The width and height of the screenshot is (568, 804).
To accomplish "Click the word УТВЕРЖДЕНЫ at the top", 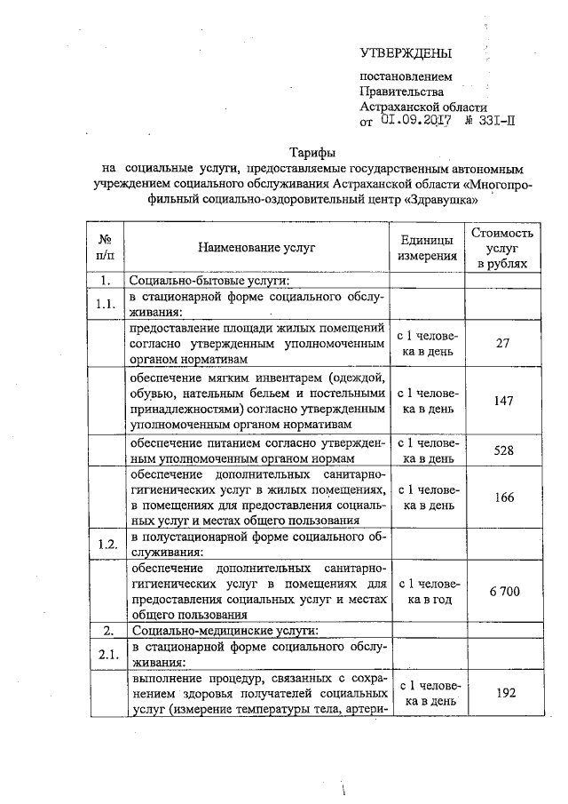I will tap(406, 53).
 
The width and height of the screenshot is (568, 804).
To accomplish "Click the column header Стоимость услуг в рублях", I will tap(504, 248).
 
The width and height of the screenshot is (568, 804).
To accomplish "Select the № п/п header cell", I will tap(105, 248).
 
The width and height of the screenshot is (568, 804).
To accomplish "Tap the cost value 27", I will tap(503, 344).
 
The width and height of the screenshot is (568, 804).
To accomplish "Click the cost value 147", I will tap(503, 401).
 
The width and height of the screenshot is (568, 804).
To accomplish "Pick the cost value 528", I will tap(503, 450).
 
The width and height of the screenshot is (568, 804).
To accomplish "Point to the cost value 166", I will tap(503, 498).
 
